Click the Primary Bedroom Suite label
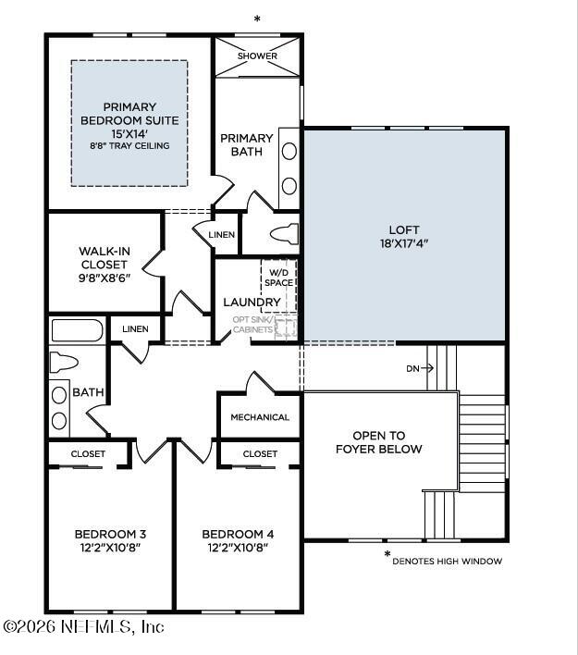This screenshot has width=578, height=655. (x=129, y=114)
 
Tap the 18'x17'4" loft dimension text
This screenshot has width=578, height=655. (x=404, y=244)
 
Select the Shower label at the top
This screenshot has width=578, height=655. (x=257, y=56)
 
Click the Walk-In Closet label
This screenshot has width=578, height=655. (x=104, y=264)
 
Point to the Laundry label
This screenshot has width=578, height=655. (x=252, y=302)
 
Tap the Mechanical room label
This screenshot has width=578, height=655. (x=260, y=417)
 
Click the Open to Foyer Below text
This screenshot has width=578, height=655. (x=387, y=442)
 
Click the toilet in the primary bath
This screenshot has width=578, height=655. (x=284, y=232)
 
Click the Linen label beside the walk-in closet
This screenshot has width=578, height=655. (x=221, y=235)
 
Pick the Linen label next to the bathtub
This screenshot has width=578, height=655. (x=135, y=328)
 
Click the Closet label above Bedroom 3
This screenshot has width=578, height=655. (x=88, y=454)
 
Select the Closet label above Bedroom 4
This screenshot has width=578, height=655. (x=260, y=454)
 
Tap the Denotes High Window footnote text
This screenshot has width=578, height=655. (x=447, y=561)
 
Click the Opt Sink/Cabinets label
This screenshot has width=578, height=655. (x=252, y=325)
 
